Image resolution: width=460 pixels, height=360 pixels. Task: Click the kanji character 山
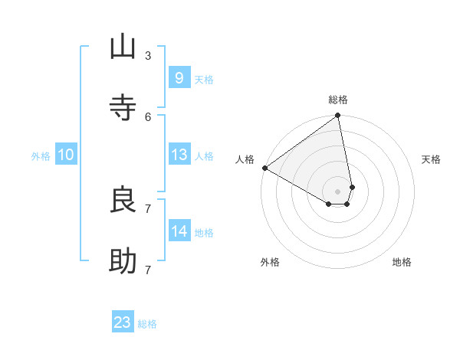pyautogui.click(x=123, y=47)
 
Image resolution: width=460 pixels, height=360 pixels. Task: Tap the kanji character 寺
pyautogui.click(x=123, y=108)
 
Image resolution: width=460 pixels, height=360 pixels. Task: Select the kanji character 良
pyautogui.click(x=123, y=200)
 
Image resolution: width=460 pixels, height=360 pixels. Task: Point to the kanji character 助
pyautogui.click(x=123, y=261)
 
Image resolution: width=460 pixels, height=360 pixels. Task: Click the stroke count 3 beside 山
pyautogui.click(x=147, y=55)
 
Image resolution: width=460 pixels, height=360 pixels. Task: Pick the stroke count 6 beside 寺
pyautogui.click(x=147, y=116)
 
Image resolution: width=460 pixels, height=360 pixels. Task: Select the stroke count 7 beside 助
pyautogui.click(x=147, y=270)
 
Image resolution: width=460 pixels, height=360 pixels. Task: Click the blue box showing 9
pyautogui.click(x=179, y=77)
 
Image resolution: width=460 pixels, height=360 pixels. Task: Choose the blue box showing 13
pyautogui.click(x=179, y=155)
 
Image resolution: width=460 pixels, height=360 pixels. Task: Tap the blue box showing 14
pyautogui.click(x=179, y=231)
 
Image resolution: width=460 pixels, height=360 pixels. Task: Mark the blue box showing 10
pyautogui.click(x=66, y=155)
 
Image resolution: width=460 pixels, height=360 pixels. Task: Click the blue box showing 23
pyautogui.click(x=123, y=322)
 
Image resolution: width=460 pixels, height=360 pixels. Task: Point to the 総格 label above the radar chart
pyautogui.click(x=338, y=100)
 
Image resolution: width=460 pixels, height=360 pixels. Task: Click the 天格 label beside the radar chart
pyautogui.click(x=432, y=159)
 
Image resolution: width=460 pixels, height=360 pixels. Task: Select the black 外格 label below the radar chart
pyautogui.click(x=270, y=262)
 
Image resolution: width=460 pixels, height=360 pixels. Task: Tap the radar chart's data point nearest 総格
pyautogui.click(x=338, y=116)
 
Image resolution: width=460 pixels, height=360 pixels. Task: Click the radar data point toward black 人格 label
pyautogui.click(x=264, y=168)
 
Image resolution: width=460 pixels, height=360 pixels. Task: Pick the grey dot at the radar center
pyautogui.click(x=338, y=191)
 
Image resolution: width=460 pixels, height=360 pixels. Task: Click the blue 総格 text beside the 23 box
pyautogui.click(x=147, y=324)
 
